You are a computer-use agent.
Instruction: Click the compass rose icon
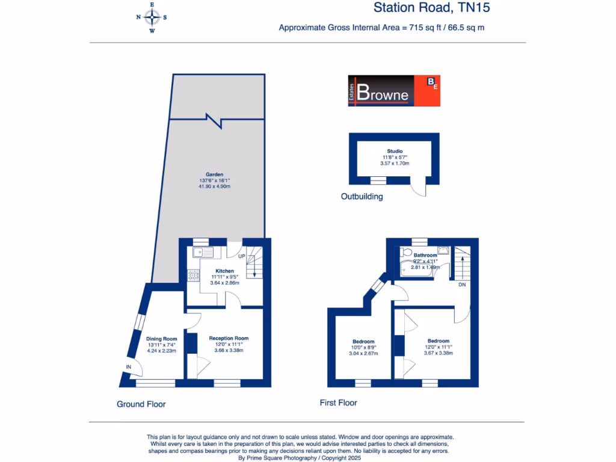pos(152,17)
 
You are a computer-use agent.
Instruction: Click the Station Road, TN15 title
pos(436,8)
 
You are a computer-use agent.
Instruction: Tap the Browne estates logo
pos(394,91)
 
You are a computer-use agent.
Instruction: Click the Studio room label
pos(395,152)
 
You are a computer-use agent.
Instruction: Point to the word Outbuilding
pos(362,197)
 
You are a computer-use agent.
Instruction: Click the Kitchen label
pos(224,271)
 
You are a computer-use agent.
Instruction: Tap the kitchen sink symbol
pos(204,253)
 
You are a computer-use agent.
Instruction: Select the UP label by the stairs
pos(242,257)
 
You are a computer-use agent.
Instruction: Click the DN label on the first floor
pos(462,285)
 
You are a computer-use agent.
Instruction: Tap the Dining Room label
pos(162,339)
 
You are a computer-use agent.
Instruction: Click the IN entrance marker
pos(128,367)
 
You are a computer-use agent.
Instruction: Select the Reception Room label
pos(229,338)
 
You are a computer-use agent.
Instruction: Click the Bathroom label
pos(425,255)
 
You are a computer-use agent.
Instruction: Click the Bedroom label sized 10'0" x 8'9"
pos(363,342)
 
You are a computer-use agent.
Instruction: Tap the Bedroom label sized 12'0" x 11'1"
pos(438,340)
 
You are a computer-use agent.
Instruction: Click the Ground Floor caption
pos(141,404)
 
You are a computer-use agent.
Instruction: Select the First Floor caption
pos(338,403)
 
